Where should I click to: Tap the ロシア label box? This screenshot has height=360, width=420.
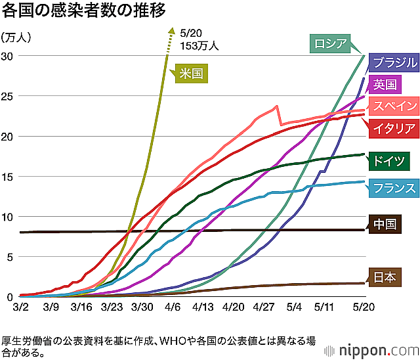point(329,44)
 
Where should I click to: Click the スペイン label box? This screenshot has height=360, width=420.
point(394,106)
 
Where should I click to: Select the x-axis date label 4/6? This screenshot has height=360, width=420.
point(173,307)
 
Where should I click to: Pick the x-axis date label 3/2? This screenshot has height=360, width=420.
point(20,307)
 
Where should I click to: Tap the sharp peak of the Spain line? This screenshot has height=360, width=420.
point(277,106)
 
